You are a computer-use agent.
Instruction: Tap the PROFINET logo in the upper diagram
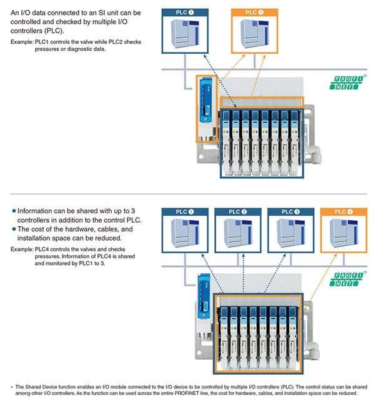pos(341,86)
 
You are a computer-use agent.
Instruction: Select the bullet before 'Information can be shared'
pos(14,211)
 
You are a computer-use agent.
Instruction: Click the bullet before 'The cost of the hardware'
pos(14,230)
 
